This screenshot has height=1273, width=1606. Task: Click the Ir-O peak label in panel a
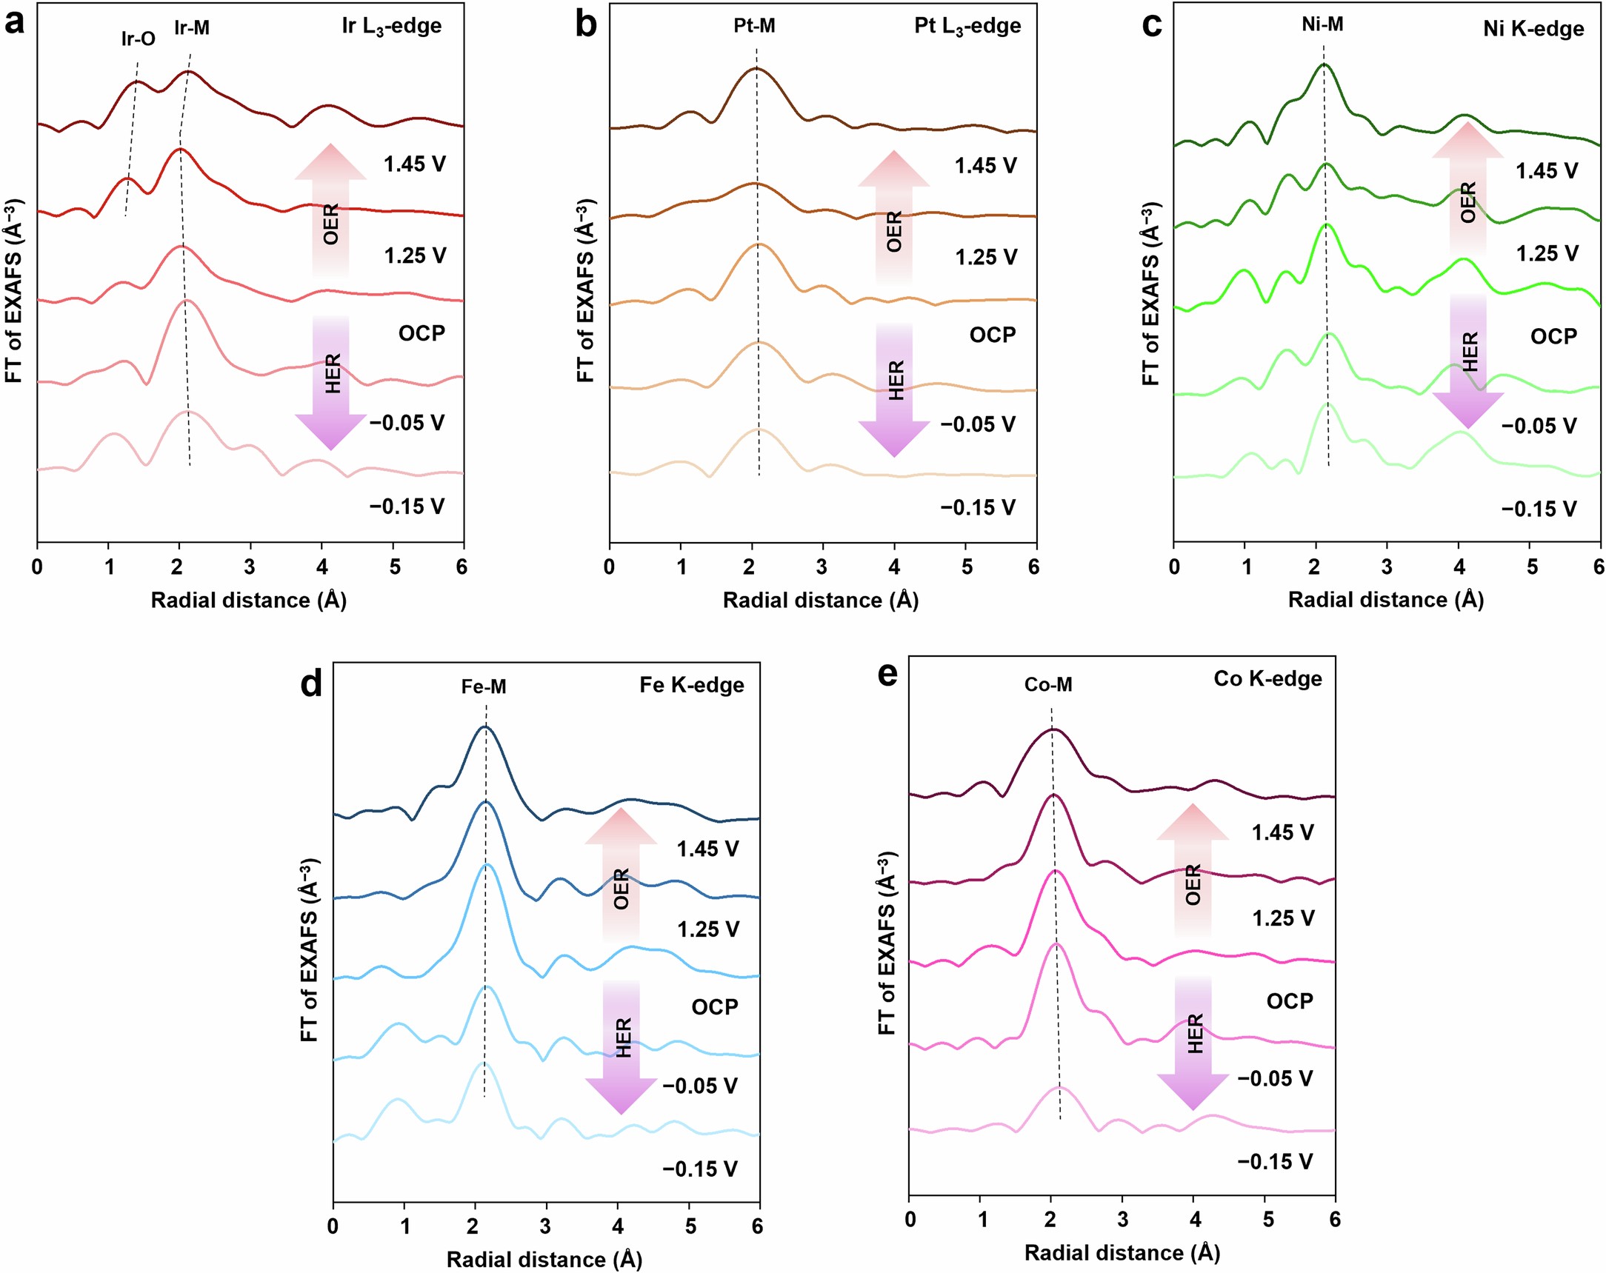(x=138, y=38)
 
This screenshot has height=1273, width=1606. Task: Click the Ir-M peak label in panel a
(x=191, y=27)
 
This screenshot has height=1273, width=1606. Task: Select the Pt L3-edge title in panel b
(x=967, y=26)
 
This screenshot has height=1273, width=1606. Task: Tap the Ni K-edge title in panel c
(x=1533, y=29)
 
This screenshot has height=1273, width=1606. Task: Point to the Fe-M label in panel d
(x=484, y=686)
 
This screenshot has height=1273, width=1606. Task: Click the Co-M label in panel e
(x=1048, y=684)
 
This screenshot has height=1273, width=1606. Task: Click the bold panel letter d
(x=310, y=682)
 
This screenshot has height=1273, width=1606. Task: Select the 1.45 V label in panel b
(x=985, y=165)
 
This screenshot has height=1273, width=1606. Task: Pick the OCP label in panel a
(x=422, y=333)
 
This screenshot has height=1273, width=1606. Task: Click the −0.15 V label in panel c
(x=1538, y=509)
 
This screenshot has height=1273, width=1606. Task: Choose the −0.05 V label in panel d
(x=699, y=1086)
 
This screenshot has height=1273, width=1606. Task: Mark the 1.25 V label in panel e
(x=1283, y=918)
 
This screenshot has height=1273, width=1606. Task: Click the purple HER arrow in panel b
(x=895, y=387)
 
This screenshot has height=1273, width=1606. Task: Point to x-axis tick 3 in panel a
(x=250, y=567)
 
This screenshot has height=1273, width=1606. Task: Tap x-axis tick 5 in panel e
(x=1267, y=1220)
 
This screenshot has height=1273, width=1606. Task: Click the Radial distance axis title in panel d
(x=544, y=1260)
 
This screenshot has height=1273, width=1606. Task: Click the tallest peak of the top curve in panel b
(x=756, y=68)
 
